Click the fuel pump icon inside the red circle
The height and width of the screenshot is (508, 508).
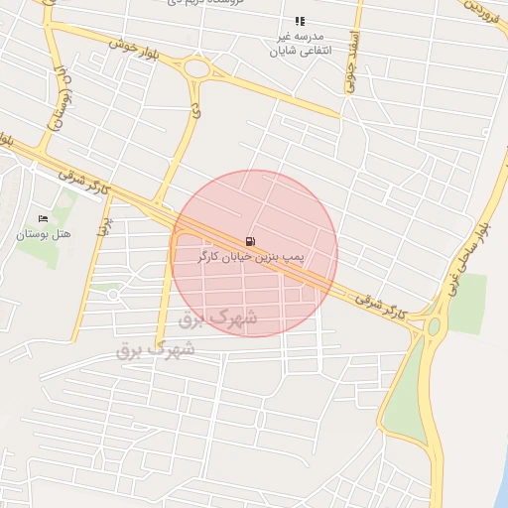pos(247,241)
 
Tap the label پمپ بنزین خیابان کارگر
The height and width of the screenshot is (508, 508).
pos(252,256)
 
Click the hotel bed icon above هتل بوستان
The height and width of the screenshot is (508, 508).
pos(43,218)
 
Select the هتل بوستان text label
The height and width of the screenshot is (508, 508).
pos(42,234)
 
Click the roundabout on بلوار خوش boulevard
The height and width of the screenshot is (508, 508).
pos(196,69)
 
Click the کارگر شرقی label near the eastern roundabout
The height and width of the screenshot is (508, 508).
pos(364,298)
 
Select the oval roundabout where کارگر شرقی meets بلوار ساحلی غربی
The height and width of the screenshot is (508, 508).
pos(432,326)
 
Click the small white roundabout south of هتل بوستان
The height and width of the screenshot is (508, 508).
pos(113,294)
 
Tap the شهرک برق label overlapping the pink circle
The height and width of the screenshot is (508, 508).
pos(217,318)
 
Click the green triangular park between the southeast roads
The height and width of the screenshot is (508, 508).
pos(406,397)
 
